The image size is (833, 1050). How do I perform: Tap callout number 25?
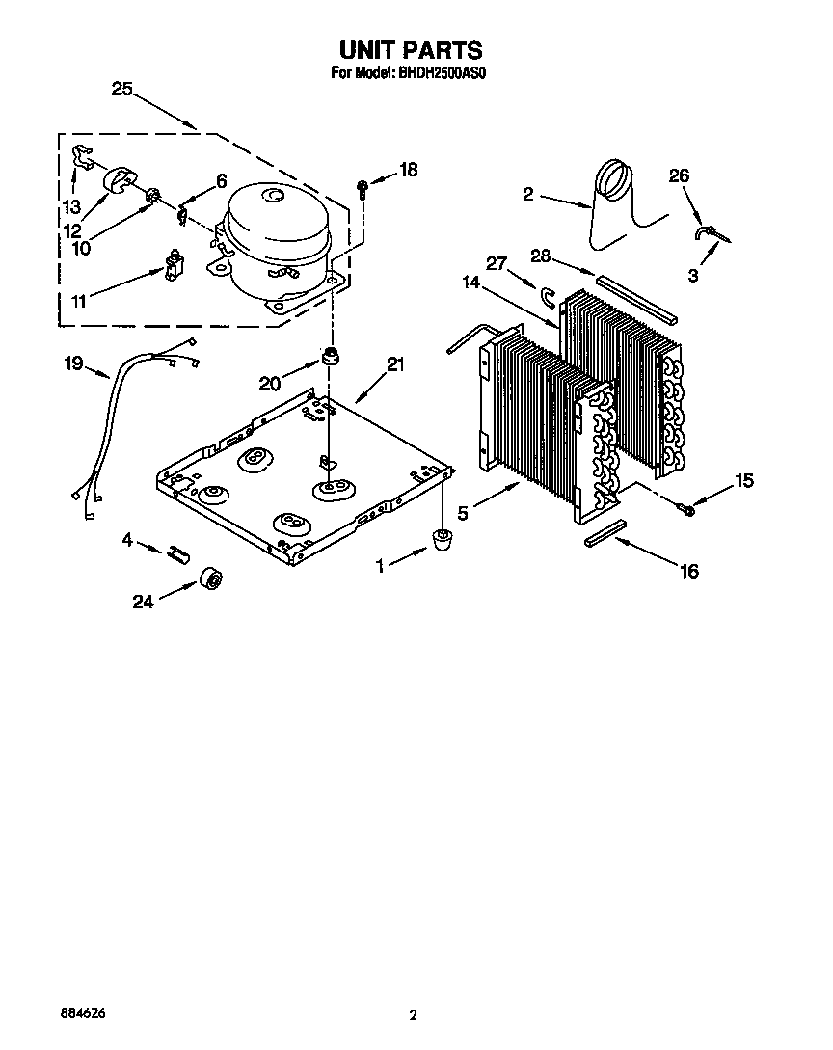click(x=121, y=89)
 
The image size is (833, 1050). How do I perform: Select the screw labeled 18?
click(x=361, y=186)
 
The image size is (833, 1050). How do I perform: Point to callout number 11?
click(x=79, y=301)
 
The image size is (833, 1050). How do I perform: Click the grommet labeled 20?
click(x=333, y=357)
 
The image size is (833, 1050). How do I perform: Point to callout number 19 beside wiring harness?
click(x=73, y=364)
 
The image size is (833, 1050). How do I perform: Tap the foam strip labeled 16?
click(x=605, y=533)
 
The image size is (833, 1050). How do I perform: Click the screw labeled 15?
click(x=686, y=509)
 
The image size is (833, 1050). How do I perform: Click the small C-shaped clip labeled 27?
click(x=550, y=295)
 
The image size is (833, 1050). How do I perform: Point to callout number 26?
click(x=679, y=175)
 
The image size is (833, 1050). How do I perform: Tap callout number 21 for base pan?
click(x=395, y=364)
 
